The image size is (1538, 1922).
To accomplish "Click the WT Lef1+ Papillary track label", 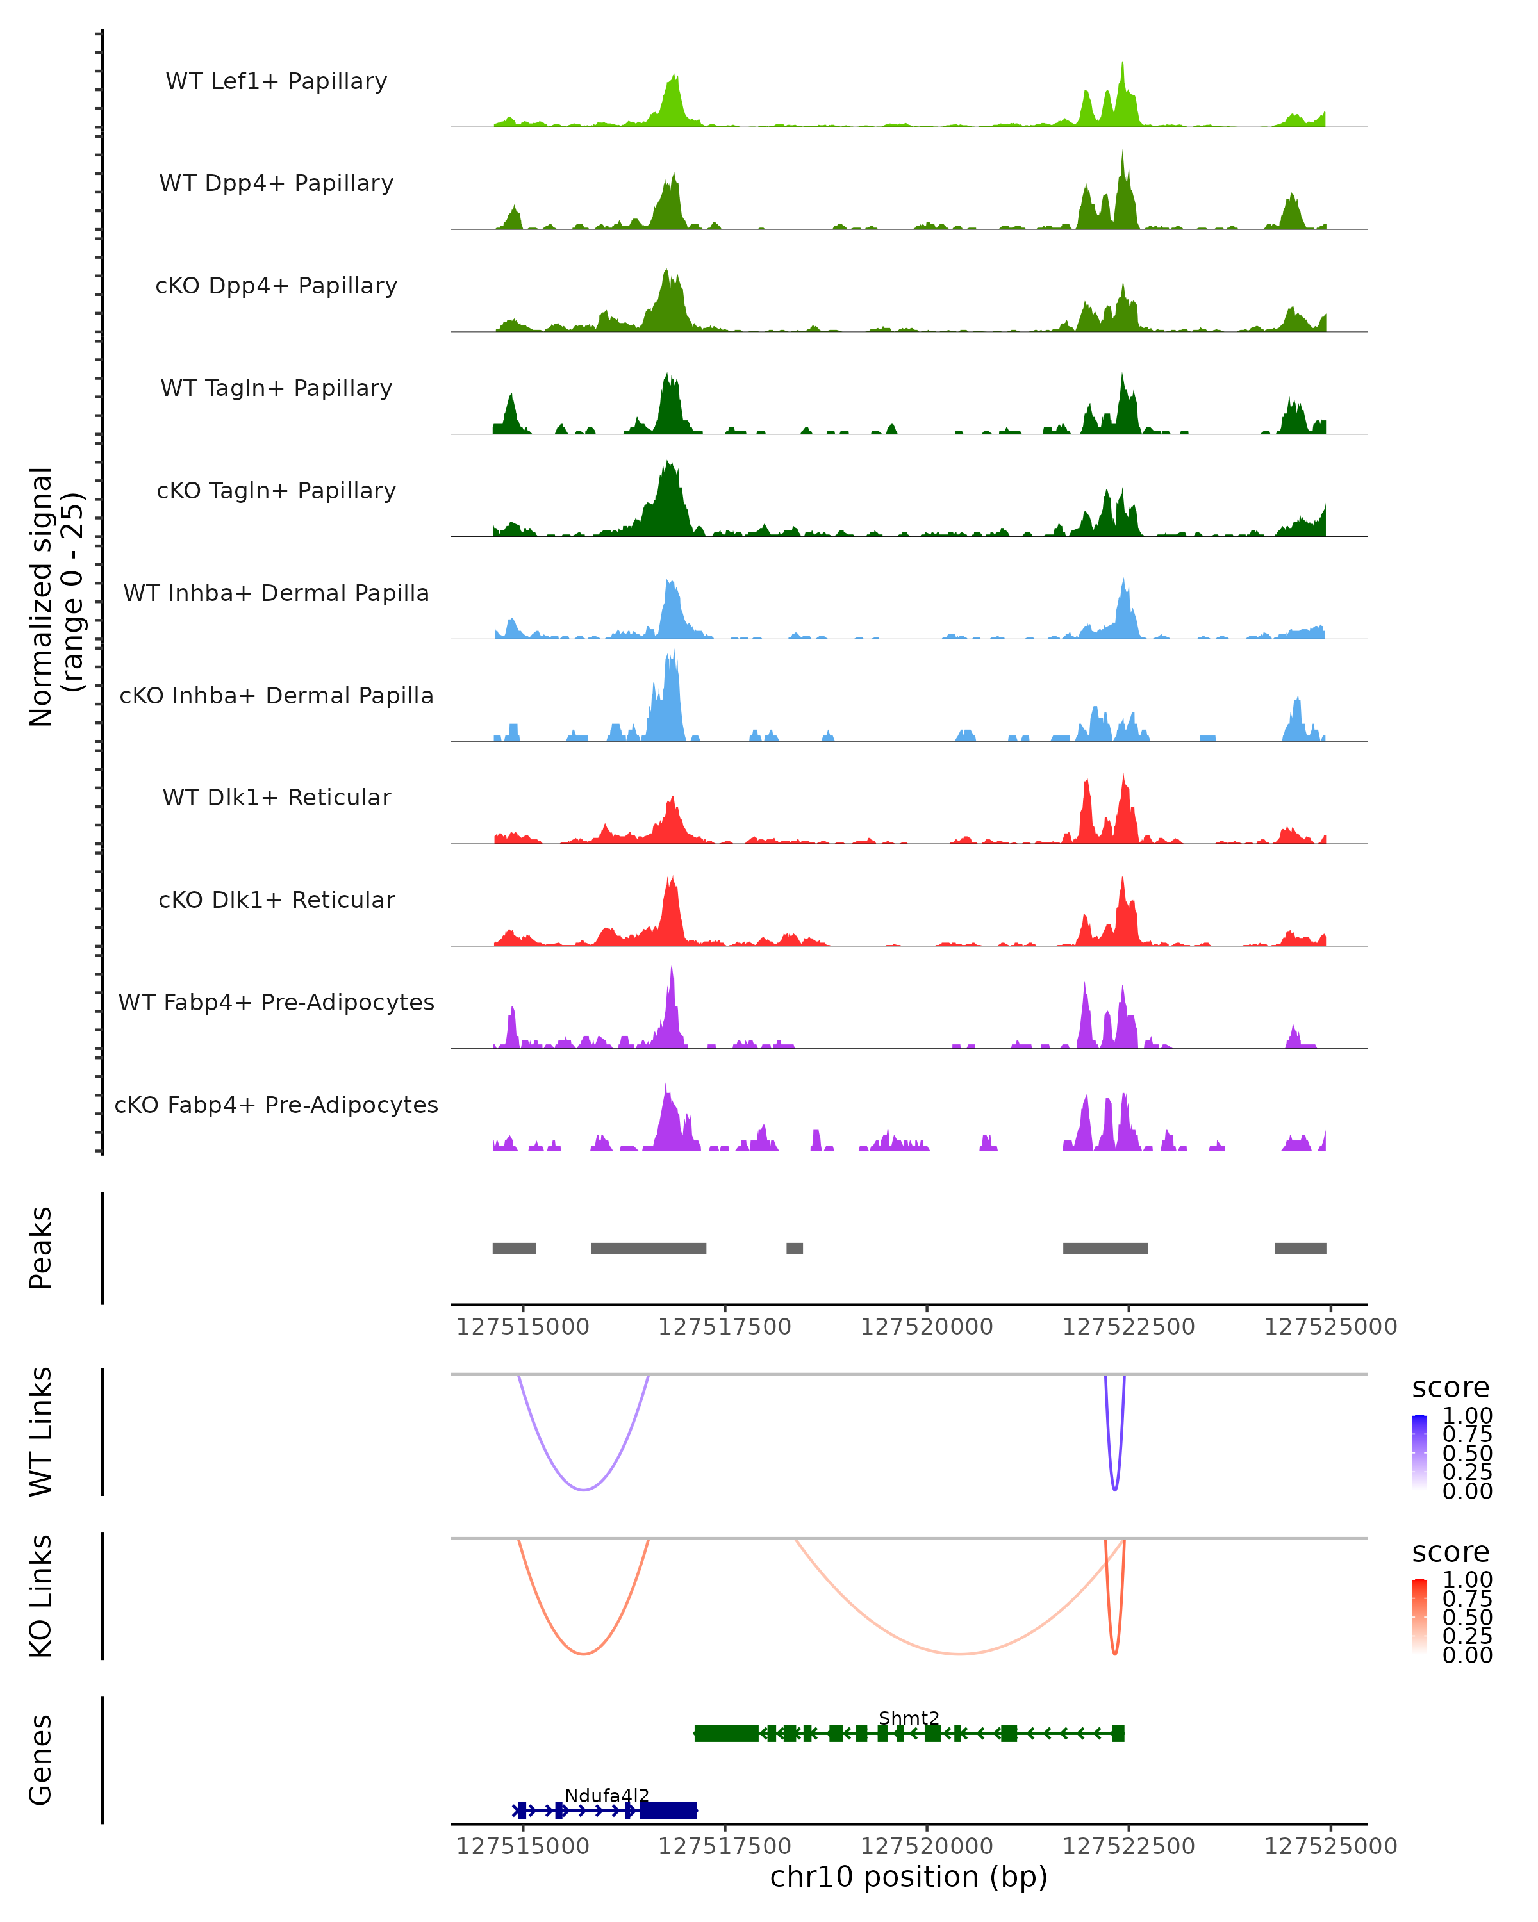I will (x=276, y=81).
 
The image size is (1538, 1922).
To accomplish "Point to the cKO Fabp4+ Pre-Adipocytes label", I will (x=276, y=1105).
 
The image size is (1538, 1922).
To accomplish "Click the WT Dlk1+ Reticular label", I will (x=276, y=797).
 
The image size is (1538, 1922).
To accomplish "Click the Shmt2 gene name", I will (x=909, y=1718).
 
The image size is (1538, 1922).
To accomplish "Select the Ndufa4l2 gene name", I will (x=606, y=1795).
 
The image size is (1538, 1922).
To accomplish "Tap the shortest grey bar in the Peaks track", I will (x=795, y=1248).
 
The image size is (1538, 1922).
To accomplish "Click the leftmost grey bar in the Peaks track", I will (x=515, y=1248).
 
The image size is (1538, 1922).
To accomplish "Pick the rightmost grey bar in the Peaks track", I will (x=1300, y=1248).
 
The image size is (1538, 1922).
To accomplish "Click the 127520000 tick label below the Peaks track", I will (x=927, y=1327).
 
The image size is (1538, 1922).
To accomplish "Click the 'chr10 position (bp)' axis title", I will (x=909, y=1877).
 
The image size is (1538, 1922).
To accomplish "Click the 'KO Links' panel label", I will (x=41, y=1596).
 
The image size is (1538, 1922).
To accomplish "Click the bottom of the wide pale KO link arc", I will (x=959, y=1654).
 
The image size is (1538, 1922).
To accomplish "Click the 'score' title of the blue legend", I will (x=1451, y=1388).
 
